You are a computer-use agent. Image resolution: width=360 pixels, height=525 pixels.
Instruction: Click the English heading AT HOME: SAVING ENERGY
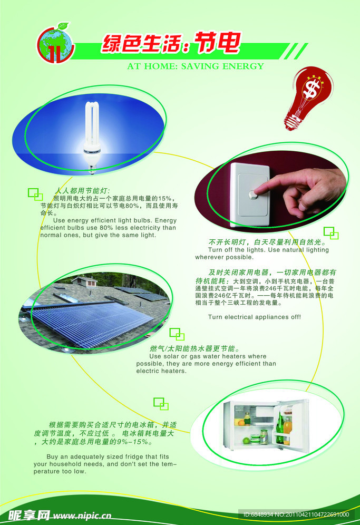(196, 66)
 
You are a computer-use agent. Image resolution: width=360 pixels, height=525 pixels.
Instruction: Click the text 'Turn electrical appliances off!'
(255, 317)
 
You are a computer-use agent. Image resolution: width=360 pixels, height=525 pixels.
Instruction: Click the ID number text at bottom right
(296, 514)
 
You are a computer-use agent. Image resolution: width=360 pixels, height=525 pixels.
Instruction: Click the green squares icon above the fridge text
(161, 404)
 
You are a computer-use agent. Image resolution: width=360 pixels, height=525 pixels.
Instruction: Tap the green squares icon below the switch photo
(330, 232)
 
